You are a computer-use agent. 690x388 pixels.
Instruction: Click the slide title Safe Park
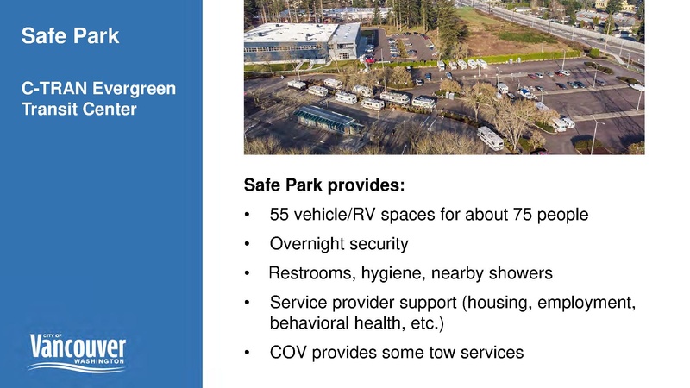point(70,36)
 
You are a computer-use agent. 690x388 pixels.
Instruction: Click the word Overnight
point(306,244)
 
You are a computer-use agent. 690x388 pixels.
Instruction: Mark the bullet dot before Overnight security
point(248,245)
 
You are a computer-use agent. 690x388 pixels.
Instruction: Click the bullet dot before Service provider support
point(248,304)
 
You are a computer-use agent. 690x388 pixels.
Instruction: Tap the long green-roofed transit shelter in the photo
point(328,118)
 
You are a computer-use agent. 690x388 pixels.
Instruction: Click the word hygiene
point(390,274)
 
